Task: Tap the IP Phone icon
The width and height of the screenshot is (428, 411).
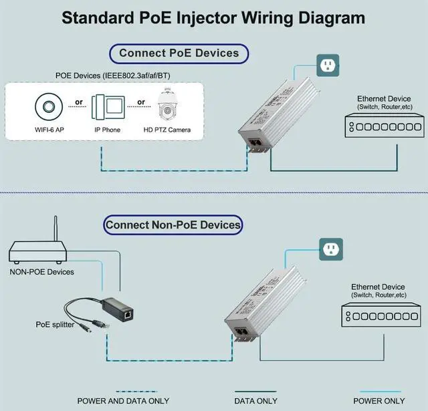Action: click(106, 105)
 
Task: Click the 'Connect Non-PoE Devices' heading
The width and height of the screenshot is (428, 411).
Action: click(173, 225)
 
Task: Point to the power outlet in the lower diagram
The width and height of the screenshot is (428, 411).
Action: click(332, 249)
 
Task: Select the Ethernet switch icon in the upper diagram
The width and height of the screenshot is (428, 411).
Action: click(378, 126)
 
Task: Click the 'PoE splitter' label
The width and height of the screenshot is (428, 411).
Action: click(54, 324)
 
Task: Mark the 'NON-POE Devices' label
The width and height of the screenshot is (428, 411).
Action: click(41, 272)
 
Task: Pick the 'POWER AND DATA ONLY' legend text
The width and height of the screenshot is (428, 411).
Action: click(123, 401)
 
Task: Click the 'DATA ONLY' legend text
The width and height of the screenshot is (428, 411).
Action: click(257, 401)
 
